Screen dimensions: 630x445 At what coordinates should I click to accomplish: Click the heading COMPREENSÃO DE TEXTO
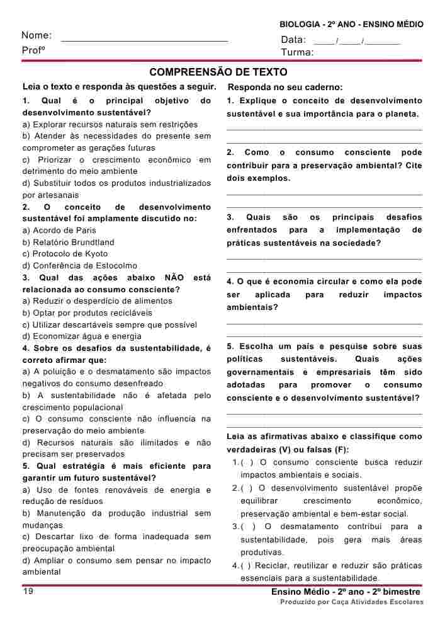[218, 72]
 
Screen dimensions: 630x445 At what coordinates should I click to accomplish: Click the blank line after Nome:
[144, 40]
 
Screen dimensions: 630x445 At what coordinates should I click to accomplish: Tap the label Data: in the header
[293, 40]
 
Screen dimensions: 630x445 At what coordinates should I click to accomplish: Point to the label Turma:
[297, 52]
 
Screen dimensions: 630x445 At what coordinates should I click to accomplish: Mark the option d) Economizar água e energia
[74, 336]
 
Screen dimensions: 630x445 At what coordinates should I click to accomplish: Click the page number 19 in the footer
[28, 591]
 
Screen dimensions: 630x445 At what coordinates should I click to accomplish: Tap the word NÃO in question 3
[174, 278]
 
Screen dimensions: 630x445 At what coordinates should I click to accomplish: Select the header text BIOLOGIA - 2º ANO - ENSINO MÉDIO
[351, 24]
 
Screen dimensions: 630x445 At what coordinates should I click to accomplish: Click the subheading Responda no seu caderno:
[285, 87]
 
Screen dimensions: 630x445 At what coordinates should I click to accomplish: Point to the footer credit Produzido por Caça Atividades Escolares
[352, 602]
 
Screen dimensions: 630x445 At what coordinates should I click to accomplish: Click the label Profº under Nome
[33, 50]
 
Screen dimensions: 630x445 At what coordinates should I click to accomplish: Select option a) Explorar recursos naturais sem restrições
[110, 125]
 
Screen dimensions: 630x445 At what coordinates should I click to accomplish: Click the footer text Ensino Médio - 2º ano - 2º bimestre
[346, 592]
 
